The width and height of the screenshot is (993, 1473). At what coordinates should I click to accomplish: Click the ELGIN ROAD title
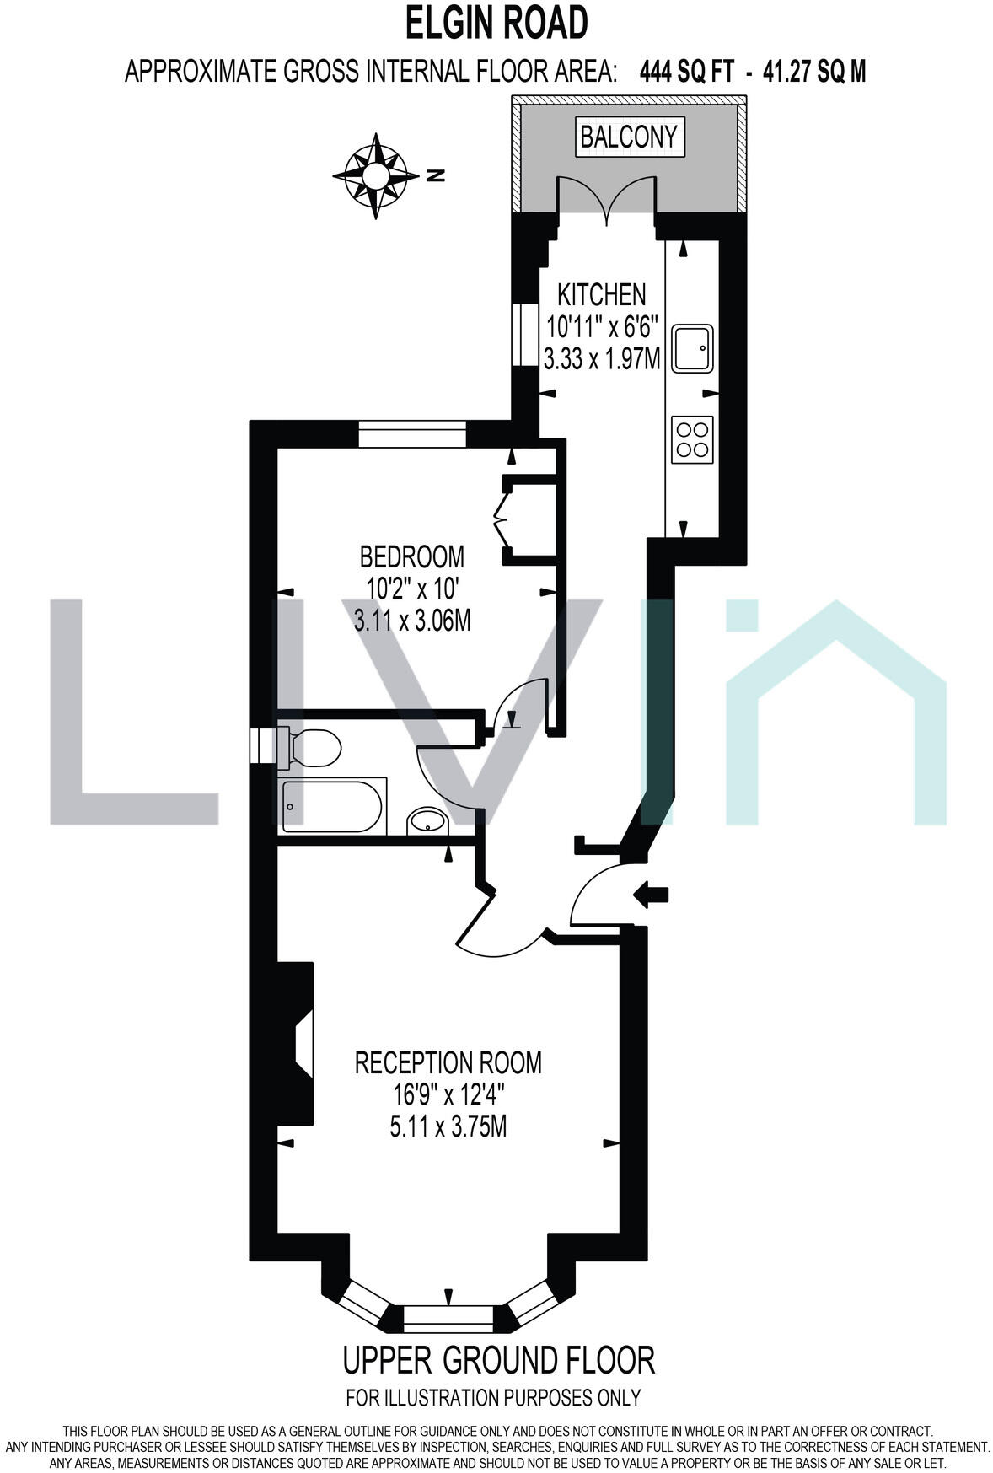(x=496, y=24)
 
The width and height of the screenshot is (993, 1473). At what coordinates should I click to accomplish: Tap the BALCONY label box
(x=629, y=136)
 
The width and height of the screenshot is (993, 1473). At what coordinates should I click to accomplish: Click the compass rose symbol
(x=375, y=175)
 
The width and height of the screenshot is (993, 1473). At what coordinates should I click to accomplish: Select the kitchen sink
(x=693, y=348)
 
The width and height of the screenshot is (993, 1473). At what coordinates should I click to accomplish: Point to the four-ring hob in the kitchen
(x=692, y=438)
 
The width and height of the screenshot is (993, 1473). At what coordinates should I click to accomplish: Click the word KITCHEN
(x=602, y=294)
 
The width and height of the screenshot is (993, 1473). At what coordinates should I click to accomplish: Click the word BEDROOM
(x=412, y=556)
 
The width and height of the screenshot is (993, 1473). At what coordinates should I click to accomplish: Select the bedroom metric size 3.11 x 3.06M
(x=412, y=621)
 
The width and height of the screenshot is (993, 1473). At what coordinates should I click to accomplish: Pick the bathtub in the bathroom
(x=333, y=805)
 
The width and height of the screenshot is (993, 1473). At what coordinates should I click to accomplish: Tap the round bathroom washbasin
(x=427, y=820)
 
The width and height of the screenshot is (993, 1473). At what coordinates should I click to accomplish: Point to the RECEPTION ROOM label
(x=448, y=1062)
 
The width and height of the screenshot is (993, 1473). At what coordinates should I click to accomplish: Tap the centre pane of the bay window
(x=448, y=1317)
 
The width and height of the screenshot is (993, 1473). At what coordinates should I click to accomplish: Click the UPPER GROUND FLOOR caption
(x=498, y=1360)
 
